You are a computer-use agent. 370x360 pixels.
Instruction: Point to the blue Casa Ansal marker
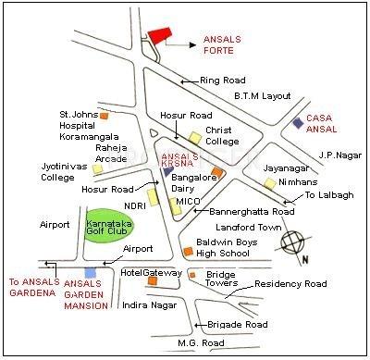tap(297, 122)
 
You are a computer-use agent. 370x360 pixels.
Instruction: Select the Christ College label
tap(223, 137)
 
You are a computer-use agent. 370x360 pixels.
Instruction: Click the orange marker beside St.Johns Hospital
tap(105, 116)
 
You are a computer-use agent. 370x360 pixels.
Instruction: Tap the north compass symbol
tap(294, 243)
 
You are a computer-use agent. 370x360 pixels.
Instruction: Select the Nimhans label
tap(288, 182)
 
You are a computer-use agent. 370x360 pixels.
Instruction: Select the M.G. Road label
tap(201, 343)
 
